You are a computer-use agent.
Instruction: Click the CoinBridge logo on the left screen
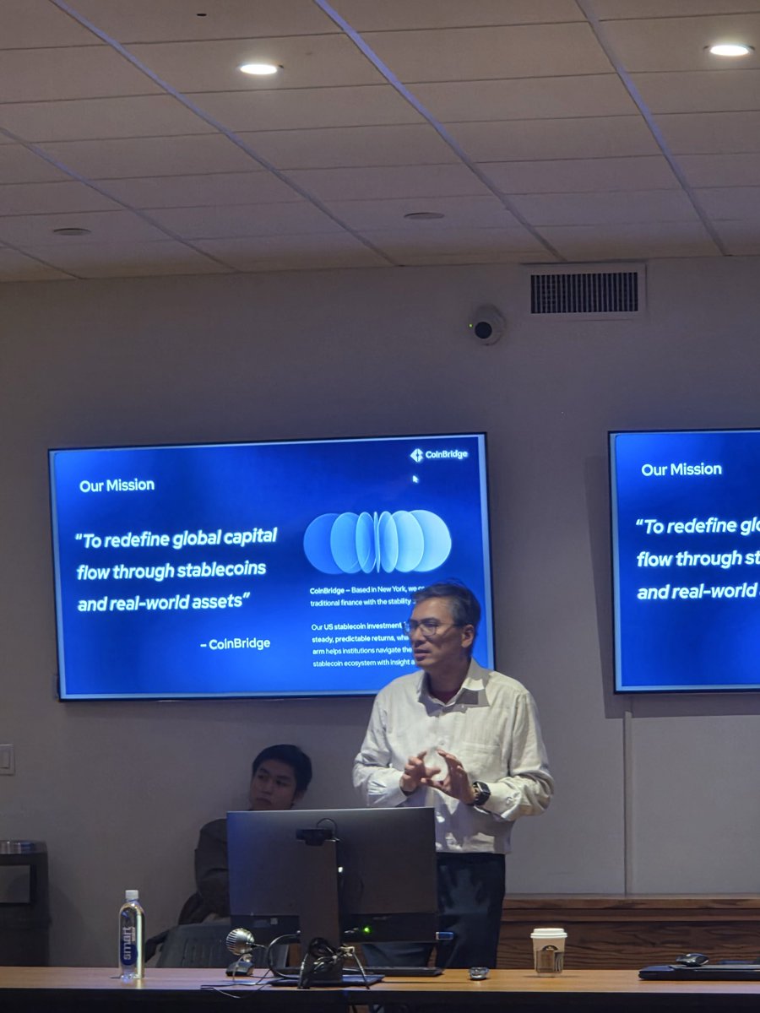coord(439,455)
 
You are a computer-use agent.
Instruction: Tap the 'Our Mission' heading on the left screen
coord(117,485)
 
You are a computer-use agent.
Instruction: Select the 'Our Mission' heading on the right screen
coord(681,469)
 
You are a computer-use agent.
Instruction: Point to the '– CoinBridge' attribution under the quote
coord(236,643)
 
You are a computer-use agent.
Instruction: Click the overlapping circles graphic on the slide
coord(377,541)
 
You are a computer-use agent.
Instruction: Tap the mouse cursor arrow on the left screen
coord(415,479)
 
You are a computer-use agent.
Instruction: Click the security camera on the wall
coord(485,326)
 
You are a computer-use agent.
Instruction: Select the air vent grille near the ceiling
coord(584,292)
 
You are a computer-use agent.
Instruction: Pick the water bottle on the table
coord(131,935)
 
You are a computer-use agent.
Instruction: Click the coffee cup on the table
coord(548,951)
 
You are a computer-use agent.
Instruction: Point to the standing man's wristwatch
coord(480,792)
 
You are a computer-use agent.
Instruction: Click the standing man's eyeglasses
coord(425,627)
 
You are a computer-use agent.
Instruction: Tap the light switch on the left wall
coord(6,759)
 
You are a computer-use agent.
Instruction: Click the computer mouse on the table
coord(691,959)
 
